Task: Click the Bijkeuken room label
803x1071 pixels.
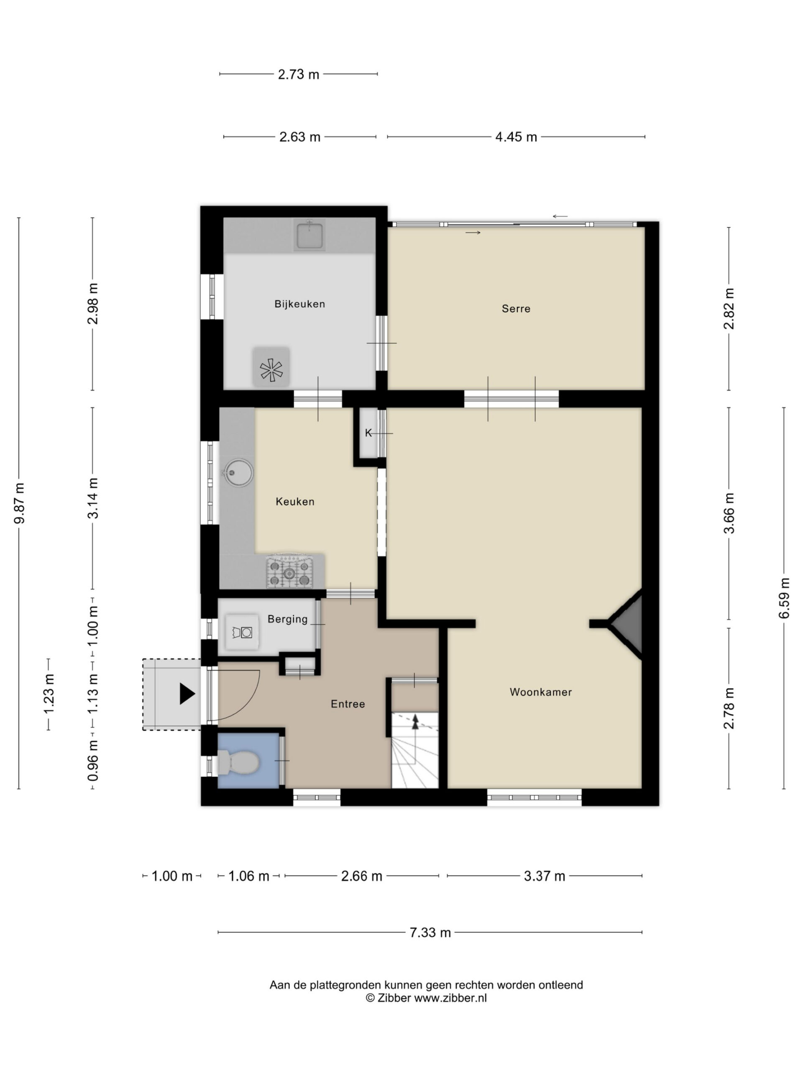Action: pyautogui.click(x=299, y=304)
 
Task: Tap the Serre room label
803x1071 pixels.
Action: pyautogui.click(x=516, y=308)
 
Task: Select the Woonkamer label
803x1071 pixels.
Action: pyautogui.click(x=541, y=692)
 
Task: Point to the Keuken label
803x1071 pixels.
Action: pyautogui.click(x=295, y=502)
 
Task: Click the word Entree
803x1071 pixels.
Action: pyautogui.click(x=348, y=704)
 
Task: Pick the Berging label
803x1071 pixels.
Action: pyautogui.click(x=287, y=619)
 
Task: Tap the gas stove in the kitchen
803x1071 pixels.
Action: pyautogui.click(x=289, y=572)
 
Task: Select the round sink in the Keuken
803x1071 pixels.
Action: pyautogui.click(x=237, y=472)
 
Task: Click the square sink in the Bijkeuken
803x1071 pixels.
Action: pyautogui.click(x=309, y=235)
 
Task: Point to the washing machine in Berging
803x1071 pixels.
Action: pyautogui.click(x=242, y=632)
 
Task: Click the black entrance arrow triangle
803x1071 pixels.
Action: pyautogui.click(x=187, y=694)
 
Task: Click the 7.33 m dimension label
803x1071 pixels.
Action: pyautogui.click(x=430, y=932)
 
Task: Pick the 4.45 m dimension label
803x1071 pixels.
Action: pyautogui.click(x=516, y=137)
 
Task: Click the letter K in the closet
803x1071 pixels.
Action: pyautogui.click(x=368, y=433)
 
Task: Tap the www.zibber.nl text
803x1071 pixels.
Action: pyautogui.click(x=450, y=998)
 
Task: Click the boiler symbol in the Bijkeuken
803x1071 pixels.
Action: pyautogui.click(x=271, y=370)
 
